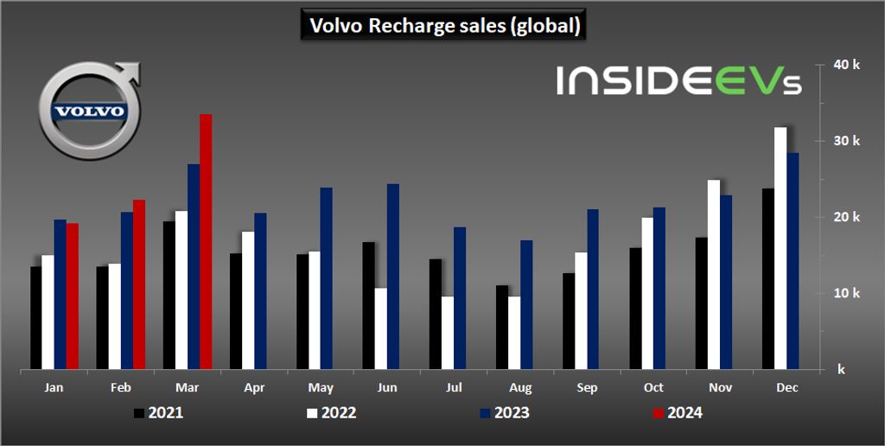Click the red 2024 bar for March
pyautogui.click(x=206, y=242)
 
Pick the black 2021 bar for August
pyautogui.click(x=502, y=327)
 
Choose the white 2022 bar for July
pyautogui.click(x=447, y=333)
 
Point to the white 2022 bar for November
pyautogui.click(x=714, y=275)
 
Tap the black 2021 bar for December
pyautogui.click(x=768, y=279)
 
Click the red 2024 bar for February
pyautogui.click(x=139, y=285)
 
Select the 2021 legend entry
pyautogui.click(x=158, y=413)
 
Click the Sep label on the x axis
pyautogui.click(x=587, y=388)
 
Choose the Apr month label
pyautogui.click(x=254, y=388)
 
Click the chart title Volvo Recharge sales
pyautogui.click(x=442, y=26)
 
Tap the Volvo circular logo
pyautogui.click(x=89, y=111)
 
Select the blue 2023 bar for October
pyautogui.click(x=659, y=289)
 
